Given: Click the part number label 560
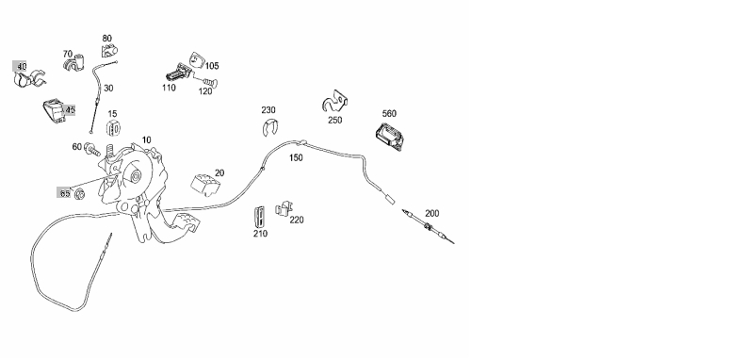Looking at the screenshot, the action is tap(389, 113).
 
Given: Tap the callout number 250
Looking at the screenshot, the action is tap(334, 120).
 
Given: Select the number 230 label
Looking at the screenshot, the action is tap(268, 110).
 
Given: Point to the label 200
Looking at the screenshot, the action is tap(431, 214).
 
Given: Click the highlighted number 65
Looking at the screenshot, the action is tap(64, 193).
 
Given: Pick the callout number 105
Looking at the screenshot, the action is tap(212, 66).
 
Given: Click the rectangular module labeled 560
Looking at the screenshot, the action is tap(391, 138).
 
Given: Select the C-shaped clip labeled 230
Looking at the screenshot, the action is tap(269, 128).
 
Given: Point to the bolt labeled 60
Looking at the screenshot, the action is tap(92, 150).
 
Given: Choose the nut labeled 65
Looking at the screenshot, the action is tap(79, 193).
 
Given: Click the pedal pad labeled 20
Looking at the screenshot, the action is tap(205, 184).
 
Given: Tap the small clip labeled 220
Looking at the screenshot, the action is tap(284, 208).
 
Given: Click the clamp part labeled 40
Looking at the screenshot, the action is tap(29, 80).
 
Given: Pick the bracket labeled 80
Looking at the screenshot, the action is tap(109, 50).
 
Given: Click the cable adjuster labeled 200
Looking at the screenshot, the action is tap(428, 227).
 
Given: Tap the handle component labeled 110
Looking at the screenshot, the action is tap(178, 73).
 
